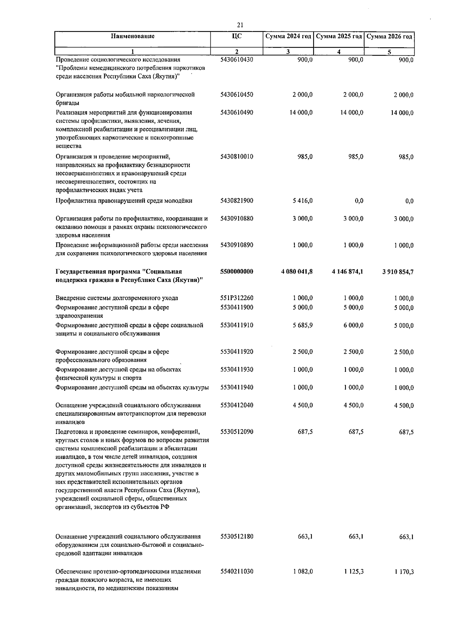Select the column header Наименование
(x=133, y=36)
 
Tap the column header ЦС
(x=237, y=36)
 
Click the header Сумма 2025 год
(x=339, y=36)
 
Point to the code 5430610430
(x=236, y=60)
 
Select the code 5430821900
(x=236, y=201)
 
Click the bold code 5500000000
(x=236, y=272)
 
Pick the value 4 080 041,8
(x=297, y=272)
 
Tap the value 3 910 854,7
(x=397, y=272)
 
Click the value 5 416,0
(x=302, y=201)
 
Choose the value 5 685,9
(x=302, y=325)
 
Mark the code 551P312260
(x=236, y=298)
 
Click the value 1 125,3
(x=354, y=571)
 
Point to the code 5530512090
(x=236, y=432)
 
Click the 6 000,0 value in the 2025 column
(x=353, y=325)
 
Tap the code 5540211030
(x=236, y=571)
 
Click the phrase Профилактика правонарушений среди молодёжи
(x=124, y=201)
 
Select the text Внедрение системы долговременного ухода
(x=117, y=298)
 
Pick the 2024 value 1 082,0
(x=302, y=571)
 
